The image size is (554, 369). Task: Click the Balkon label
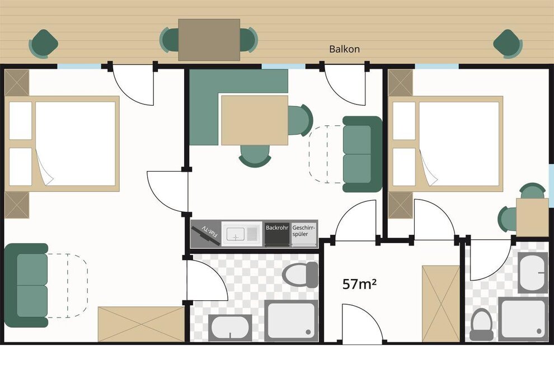(x=345, y=49)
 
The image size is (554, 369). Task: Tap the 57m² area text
(x=359, y=283)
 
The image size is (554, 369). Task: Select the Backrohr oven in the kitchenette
(x=277, y=233)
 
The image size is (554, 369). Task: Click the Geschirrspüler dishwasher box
(x=303, y=233)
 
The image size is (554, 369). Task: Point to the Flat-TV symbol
(x=206, y=233)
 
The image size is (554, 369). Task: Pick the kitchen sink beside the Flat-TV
(x=242, y=233)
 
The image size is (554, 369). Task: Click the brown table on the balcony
(x=209, y=40)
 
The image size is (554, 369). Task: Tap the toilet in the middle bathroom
(x=301, y=275)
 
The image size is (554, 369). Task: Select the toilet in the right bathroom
(x=482, y=325)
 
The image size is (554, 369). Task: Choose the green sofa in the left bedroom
(x=27, y=285)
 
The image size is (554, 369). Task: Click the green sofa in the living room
(x=362, y=154)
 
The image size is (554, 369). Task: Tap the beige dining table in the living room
(x=255, y=120)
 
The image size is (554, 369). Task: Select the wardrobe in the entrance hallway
(x=441, y=304)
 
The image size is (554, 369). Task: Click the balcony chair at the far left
(x=44, y=44)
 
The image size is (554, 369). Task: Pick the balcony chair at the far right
(x=508, y=44)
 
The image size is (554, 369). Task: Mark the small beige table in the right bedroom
(x=532, y=217)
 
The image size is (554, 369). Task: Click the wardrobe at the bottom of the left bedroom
(x=142, y=324)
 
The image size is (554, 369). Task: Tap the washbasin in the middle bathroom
(x=230, y=328)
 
